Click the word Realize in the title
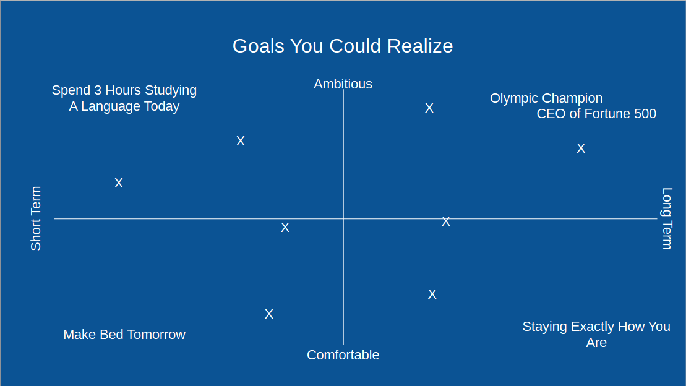point(420,46)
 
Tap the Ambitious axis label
point(343,84)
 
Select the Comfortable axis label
point(343,354)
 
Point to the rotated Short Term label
point(35,218)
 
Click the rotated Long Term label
point(667,218)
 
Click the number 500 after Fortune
point(645,114)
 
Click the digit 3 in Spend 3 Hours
point(98,90)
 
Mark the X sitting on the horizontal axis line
point(446,221)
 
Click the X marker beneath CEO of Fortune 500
point(581,148)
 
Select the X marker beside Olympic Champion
point(429,108)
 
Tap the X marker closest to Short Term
point(119,183)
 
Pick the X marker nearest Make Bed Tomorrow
point(269,314)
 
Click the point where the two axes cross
point(343,218)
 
